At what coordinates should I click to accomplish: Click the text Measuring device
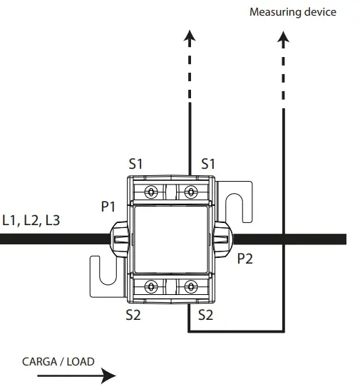pos(292,12)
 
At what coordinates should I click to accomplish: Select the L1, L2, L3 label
pos(31,220)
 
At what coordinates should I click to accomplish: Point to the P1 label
pos(108,207)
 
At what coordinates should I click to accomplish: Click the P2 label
pos(245,259)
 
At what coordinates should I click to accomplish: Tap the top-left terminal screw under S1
pos(151,192)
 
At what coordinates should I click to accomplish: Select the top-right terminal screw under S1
pos(190,192)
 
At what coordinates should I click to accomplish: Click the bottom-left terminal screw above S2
pos(151,286)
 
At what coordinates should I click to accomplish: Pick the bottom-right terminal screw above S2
pos(190,286)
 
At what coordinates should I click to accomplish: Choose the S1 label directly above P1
pos(136,164)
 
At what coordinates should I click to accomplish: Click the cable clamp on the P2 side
pos(222,239)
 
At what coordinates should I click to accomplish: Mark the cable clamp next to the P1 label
pos(118,239)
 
